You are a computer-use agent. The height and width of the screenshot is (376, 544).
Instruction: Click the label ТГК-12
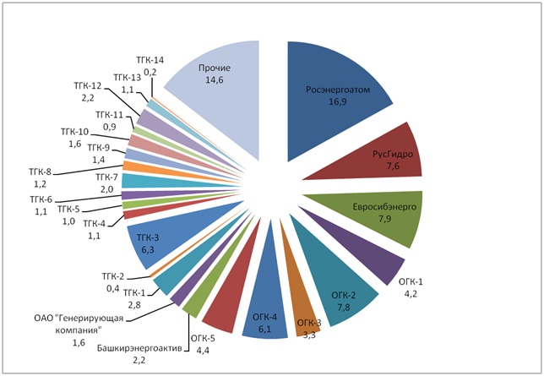pyautogui.click(x=88, y=86)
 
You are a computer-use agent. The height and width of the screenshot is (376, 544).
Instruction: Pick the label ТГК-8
pyautogui.click(x=39, y=172)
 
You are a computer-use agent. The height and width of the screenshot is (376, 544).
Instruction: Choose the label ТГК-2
pyautogui.click(x=114, y=276)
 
